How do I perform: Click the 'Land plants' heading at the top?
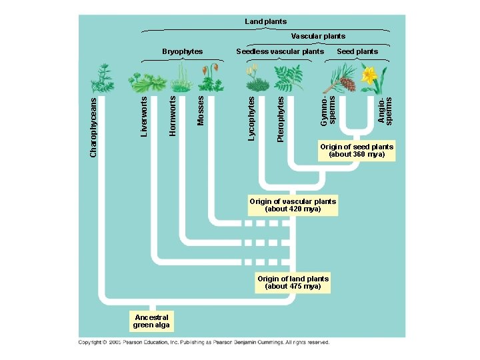click(x=266, y=21)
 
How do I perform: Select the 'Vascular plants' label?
click(x=318, y=36)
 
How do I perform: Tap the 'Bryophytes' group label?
click(x=183, y=51)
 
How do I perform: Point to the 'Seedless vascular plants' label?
click(x=280, y=51)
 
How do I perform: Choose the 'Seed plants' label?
click(x=357, y=51)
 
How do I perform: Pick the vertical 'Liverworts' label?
click(x=144, y=117)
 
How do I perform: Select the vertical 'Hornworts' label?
click(x=173, y=115)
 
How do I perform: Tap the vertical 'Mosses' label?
click(x=201, y=110)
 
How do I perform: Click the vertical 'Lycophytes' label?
click(x=251, y=118)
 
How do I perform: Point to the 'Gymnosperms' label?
click(x=328, y=111)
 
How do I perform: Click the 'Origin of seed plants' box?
click(x=357, y=151)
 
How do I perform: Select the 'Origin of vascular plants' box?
click(x=293, y=205)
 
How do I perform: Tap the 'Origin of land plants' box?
click(x=293, y=282)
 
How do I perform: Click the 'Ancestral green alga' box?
click(x=151, y=321)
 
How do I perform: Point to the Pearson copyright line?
click(x=203, y=343)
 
